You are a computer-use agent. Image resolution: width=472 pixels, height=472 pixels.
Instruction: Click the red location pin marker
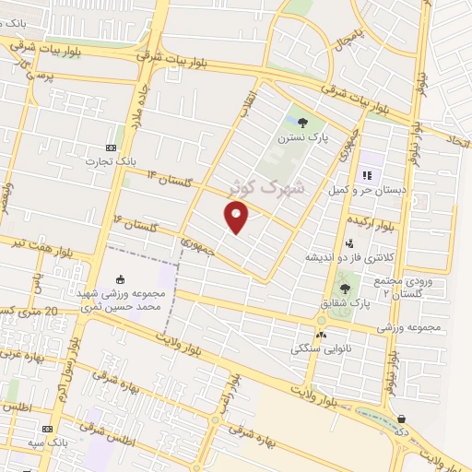[x=237, y=217]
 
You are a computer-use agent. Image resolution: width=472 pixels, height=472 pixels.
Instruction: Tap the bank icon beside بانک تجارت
[x=112, y=147]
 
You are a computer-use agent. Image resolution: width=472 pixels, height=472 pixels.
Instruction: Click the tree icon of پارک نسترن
[x=303, y=123]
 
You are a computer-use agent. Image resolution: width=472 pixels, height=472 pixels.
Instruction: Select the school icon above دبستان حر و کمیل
[x=366, y=174]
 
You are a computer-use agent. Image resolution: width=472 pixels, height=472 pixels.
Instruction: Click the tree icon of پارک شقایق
[x=345, y=289]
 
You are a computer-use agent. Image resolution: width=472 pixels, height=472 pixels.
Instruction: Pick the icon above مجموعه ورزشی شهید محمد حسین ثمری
[x=119, y=279]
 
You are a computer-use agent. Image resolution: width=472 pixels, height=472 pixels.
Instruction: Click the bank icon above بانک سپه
[x=48, y=430]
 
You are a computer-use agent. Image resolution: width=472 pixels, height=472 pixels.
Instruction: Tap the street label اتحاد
[x=458, y=142]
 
